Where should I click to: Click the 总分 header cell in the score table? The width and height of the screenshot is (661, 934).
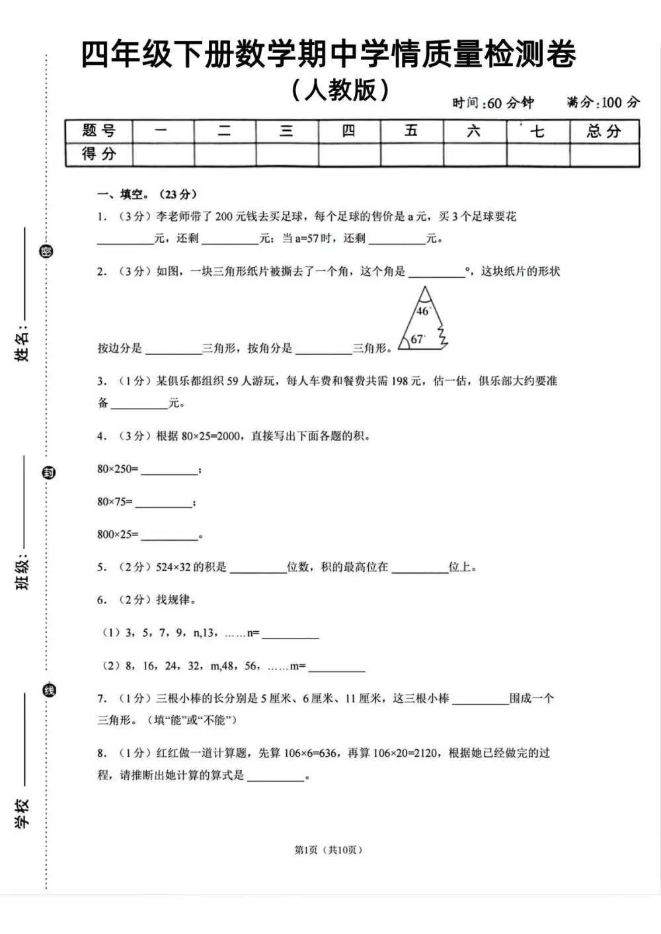coord(604,131)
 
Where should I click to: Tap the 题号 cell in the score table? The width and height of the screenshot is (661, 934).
coord(99,131)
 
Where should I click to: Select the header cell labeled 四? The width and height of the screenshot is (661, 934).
coord(349,131)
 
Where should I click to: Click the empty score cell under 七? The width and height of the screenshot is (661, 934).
coord(537,155)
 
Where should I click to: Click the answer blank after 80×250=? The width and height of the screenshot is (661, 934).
coord(169,470)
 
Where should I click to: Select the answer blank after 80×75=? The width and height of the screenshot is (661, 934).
coord(163,503)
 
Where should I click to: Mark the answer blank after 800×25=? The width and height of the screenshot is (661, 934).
coord(169,535)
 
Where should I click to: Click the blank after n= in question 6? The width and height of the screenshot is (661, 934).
coord(290,634)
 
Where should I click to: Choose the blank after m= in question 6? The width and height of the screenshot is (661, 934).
coord(336,667)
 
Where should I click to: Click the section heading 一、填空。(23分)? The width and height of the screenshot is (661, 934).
coord(147,194)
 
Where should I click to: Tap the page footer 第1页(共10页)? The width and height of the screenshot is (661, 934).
coord(329,850)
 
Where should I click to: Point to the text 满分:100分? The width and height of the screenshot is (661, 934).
coord(603,102)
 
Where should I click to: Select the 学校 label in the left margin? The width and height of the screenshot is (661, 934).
coord(22,814)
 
